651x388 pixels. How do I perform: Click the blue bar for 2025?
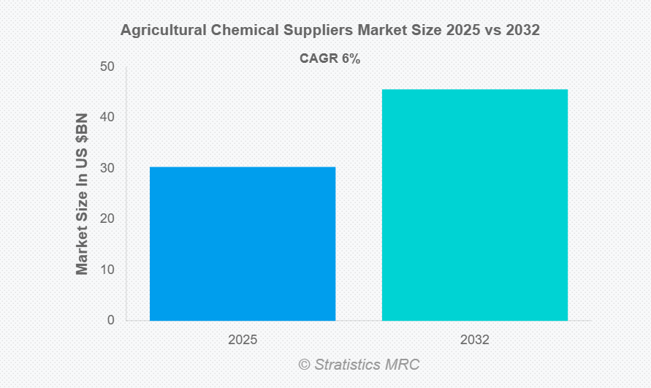point(243,243)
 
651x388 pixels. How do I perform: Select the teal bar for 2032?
point(475,205)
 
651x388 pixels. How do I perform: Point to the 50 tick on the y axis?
point(107,66)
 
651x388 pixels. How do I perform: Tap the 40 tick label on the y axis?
point(107,117)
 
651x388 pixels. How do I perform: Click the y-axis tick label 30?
point(107,168)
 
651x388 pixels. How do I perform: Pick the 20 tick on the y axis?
point(107,218)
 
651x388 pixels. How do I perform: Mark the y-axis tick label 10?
point(107,270)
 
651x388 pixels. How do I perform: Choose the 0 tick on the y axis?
point(111,320)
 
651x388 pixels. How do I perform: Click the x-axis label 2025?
point(243,340)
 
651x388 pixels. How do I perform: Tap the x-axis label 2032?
point(475,340)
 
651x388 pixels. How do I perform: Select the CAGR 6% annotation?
point(330,59)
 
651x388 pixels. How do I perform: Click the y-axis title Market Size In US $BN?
point(82,194)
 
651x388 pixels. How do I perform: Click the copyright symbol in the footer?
point(304,364)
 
